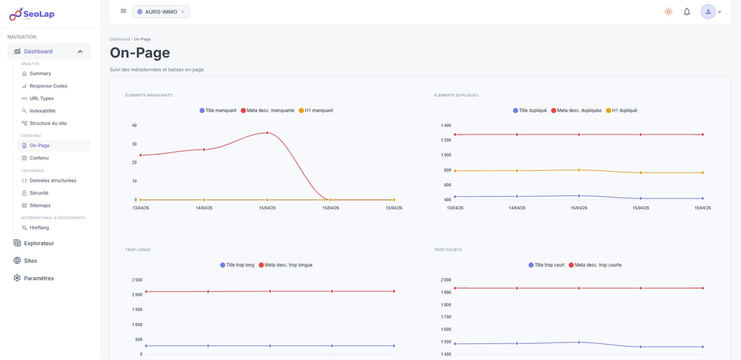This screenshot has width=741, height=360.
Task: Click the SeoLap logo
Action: (x=32, y=14)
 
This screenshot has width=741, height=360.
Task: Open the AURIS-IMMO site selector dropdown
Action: (x=161, y=12)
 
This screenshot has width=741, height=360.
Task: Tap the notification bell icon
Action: (x=687, y=12)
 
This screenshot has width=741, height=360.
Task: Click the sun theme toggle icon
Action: (x=669, y=12)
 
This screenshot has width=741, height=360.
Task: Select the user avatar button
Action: (x=708, y=12)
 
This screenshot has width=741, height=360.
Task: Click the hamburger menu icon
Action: (x=123, y=11)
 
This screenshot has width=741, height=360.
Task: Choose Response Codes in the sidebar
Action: (x=48, y=86)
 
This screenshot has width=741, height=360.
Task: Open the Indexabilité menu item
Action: (x=42, y=111)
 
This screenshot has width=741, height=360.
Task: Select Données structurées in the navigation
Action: (x=53, y=181)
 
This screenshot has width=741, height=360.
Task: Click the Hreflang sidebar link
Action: (x=39, y=228)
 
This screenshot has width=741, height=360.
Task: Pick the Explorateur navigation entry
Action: (x=39, y=243)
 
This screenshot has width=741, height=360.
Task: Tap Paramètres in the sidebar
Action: (x=39, y=278)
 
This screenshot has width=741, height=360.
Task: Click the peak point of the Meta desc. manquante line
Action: (x=267, y=133)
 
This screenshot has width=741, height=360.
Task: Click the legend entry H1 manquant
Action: (x=316, y=111)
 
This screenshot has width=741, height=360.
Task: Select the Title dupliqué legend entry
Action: (x=530, y=111)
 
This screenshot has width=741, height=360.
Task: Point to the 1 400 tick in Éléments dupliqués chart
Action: (x=446, y=125)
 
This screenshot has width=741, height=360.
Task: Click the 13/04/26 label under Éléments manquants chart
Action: (x=141, y=208)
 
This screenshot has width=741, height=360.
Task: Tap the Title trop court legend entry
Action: (x=547, y=265)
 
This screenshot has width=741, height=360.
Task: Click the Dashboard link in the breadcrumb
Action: (x=120, y=39)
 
